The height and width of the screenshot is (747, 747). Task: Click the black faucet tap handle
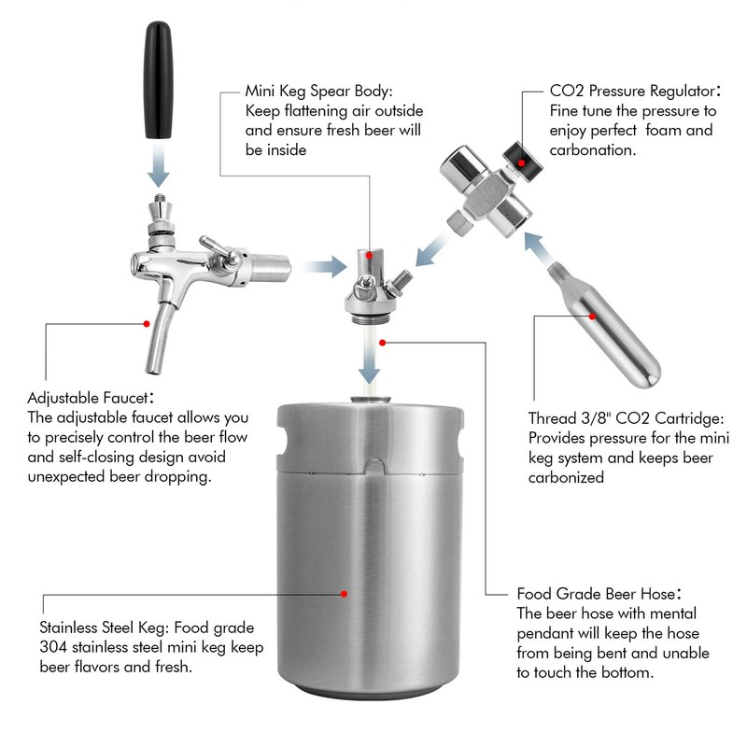pyautogui.click(x=158, y=79)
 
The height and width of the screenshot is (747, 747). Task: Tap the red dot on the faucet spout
pyautogui.click(x=147, y=324)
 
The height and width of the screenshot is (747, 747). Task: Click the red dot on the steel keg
pyautogui.click(x=344, y=594)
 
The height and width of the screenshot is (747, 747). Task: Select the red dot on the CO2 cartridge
pyautogui.click(x=592, y=317)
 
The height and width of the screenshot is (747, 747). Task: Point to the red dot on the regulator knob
pyautogui.click(x=522, y=162)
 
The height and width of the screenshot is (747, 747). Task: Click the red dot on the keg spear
pyautogui.click(x=369, y=255)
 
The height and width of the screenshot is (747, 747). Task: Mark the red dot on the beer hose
pyautogui.click(x=382, y=343)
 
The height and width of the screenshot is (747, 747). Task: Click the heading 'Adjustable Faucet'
pyautogui.click(x=88, y=398)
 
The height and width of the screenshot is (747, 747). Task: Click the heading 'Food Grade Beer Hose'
pyautogui.click(x=596, y=594)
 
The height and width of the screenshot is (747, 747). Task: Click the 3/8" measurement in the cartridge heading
pyautogui.click(x=597, y=417)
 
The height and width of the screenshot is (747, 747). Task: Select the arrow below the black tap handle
pyautogui.click(x=159, y=166)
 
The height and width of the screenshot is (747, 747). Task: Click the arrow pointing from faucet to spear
pyautogui.click(x=325, y=267)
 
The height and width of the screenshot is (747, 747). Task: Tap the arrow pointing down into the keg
pyautogui.click(x=369, y=359)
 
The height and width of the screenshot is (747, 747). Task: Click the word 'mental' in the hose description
pyautogui.click(x=672, y=613)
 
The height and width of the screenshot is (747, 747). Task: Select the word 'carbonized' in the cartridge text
pyautogui.click(x=566, y=477)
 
